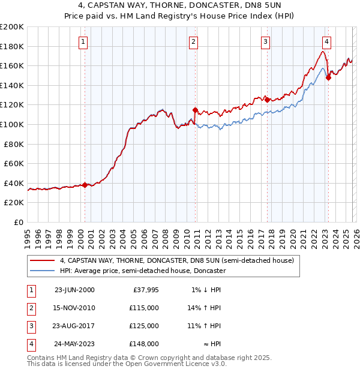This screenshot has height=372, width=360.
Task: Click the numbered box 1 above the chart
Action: tap(82, 41)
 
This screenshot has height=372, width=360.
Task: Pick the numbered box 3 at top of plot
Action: tap(265, 41)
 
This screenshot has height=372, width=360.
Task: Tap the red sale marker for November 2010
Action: tap(195, 110)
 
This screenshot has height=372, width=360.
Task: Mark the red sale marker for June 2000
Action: tap(85, 185)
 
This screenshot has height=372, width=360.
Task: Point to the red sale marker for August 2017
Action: tap(267, 100)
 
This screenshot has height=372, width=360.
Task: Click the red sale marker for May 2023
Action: tap(328, 77)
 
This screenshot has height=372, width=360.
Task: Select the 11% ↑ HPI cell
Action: tap(205, 326)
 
